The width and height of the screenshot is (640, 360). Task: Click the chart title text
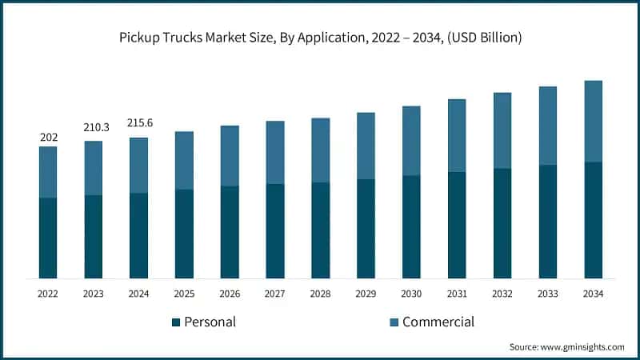pos(320,38)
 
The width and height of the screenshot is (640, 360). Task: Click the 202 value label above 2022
pos(49,138)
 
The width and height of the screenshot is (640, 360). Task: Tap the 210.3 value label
pos(94,128)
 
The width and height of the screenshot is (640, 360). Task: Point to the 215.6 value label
pos(139,123)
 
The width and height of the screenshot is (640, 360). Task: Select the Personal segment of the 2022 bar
pos(48,238)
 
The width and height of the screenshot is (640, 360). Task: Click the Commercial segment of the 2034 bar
pos(593,122)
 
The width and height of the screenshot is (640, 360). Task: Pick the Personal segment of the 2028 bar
pos(321,230)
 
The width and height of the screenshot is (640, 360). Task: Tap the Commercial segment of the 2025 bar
pos(184,160)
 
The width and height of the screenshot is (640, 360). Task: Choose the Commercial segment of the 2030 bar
pos(411,141)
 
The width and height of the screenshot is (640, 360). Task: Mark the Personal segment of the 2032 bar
pos(502,223)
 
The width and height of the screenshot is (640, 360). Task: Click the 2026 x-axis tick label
pos(230,294)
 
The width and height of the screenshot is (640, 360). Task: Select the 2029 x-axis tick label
pos(366,294)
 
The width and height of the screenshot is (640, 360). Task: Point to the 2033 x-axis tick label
pos(547,294)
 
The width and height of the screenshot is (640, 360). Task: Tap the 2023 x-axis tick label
pos(94,294)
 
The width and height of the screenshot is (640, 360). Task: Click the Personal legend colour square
pos(176,322)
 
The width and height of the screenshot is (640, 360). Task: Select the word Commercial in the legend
pos(438,322)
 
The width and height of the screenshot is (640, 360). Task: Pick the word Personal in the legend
pos(210,322)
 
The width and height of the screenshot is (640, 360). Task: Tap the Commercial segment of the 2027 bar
pos(275,152)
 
